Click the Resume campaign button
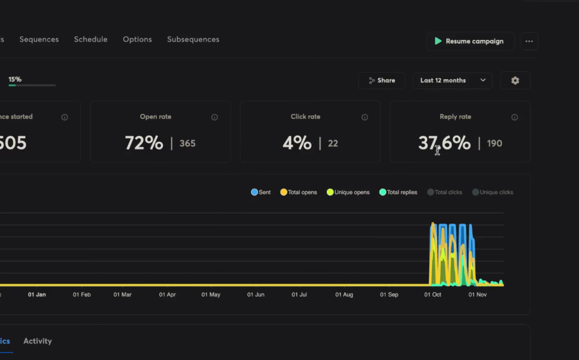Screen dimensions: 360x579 click(x=470, y=41)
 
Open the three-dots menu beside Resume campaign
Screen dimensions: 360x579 click(x=529, y=41)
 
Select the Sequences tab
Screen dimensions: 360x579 click(x=39, y=39)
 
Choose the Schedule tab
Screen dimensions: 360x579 click(x=90, y=39)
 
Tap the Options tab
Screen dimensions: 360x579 click(x=137, y=39)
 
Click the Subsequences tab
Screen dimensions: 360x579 click(x=193, y=39)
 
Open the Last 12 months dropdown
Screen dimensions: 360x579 click(x=452, y=80)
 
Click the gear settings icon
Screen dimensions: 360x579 click(x=515, y=80)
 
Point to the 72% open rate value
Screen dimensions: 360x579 click(x=144, y=143)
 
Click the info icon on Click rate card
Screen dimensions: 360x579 click(x=364, y=117)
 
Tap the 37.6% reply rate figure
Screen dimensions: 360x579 click(x=444, y=143)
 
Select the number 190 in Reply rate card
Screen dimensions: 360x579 click(x=494, y=144)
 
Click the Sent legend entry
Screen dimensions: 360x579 click(x=261, y=192)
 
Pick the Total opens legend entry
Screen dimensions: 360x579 click(x=298, y=192)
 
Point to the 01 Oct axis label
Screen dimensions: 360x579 click(x=433, y=294)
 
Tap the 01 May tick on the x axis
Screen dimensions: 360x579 click(x=211, y=294)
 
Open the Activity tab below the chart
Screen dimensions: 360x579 click(x=37, y=341)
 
